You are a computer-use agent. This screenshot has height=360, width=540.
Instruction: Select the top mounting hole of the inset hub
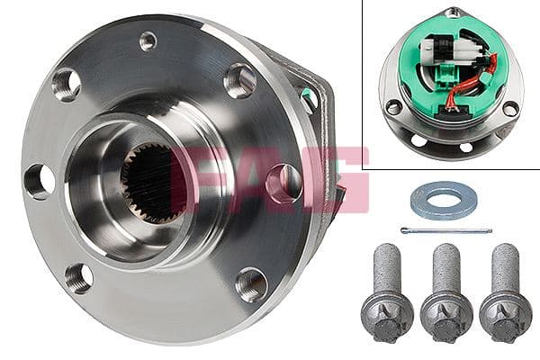pyautogui.click(x=452, y=13)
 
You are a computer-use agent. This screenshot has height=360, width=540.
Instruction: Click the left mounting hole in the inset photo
pyautogui.click(x=393, y=107)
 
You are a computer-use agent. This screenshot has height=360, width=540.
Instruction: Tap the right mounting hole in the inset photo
pyautogui.click(x=510, y=109)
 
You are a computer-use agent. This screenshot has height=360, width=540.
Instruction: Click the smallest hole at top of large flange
pyautogui.click(x=148, y=40)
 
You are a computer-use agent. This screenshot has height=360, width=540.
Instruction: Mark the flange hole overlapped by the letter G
pyautogui.click(x=283, y=183)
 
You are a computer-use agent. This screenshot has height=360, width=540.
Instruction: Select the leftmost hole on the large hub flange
pyautogui.click(x=38, y=181)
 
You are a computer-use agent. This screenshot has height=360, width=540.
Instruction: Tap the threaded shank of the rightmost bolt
pyautogui.click(x=504, y=265)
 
